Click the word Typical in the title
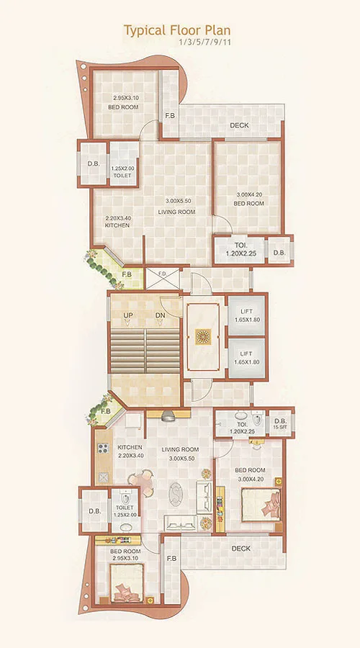click(x=142, y=30)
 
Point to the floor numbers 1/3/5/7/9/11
click(x=204, y=42)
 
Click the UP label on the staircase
click(x=128, y=316)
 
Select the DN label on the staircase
click(x=161, y=316)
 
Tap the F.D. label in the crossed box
click(x=162, y=274)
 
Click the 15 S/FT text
click(x=279, y=428)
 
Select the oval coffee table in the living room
click(x=177, y=495)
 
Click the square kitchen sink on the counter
click(x=102, y=477)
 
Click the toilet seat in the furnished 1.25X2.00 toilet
click(x=127, y=498)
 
